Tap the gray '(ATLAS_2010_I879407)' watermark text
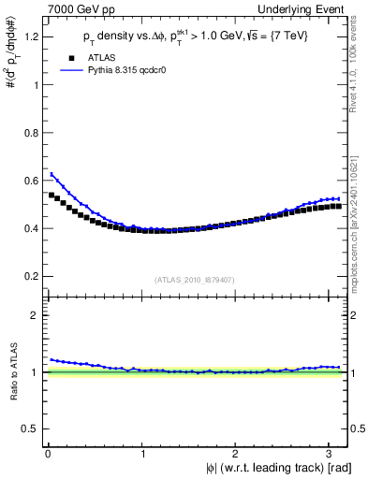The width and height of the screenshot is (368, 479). (197, 278)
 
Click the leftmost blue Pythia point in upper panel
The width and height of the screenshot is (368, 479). (52, 174)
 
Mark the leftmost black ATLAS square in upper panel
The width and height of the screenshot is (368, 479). (52, 195)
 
